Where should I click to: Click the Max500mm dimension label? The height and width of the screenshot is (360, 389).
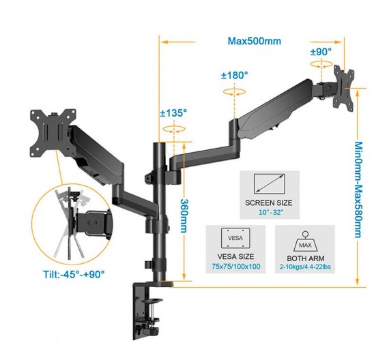[x=255, y=41]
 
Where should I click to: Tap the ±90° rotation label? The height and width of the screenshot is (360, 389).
[x=321, y=52]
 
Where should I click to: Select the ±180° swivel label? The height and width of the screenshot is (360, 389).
[x=235, y=76]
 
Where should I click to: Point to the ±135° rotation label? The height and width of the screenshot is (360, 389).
[x=173, y=113]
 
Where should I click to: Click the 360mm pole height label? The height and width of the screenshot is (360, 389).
[x=184, y=215]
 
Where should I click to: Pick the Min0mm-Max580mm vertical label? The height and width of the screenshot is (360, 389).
[x=358, y=190]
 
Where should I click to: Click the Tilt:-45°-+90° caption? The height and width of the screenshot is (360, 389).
[x=74, y=275]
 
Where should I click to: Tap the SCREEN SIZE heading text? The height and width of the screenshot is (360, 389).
[x=269, y=202]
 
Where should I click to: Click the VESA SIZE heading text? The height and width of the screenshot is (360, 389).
[x=235, y=256]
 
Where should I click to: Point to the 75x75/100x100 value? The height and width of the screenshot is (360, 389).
[x=236, y=267]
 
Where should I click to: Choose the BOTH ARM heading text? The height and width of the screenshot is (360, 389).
[x=306, y=258]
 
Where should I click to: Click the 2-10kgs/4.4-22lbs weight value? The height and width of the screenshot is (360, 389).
[x=305, y=267]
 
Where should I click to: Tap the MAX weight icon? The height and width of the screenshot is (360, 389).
[x=305, y=241]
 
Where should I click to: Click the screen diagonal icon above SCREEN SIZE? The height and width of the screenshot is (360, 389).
[x=269, y=183]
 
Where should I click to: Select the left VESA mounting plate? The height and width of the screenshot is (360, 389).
[x=53, y=134]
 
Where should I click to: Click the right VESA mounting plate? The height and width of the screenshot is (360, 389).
[x=343, y=88]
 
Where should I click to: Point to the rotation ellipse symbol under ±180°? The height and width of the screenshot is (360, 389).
[x=234, y=92]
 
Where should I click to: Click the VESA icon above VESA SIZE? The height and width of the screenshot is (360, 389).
[x=235, y=238]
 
